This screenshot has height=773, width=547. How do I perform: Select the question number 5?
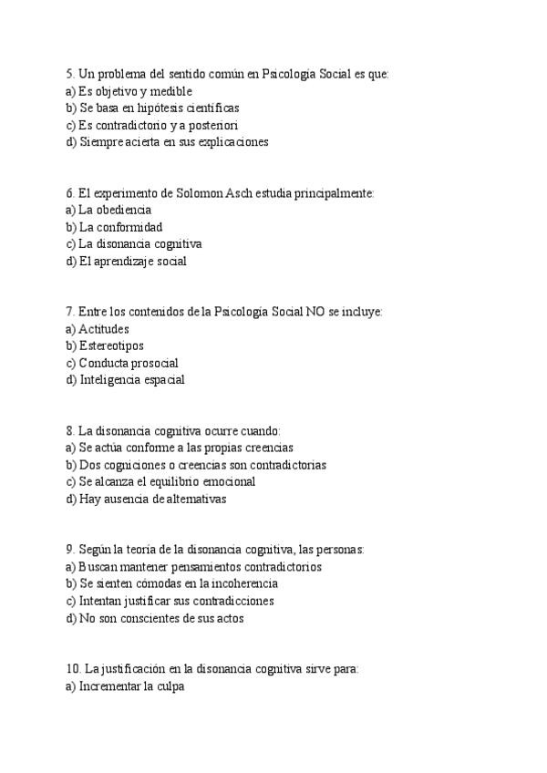click(x=70, y=74)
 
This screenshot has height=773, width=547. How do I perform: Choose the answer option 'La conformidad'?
click(x=120, y=227)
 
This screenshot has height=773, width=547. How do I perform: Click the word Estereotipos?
click(x=111, y=346)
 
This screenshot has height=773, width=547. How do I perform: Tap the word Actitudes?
click(x=104, y=329)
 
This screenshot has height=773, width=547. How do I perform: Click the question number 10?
click(x=73, y=669)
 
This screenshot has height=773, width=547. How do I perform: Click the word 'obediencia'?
click(x=123, y=210)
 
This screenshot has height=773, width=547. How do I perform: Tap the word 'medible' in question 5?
click(x=170, y=91)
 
